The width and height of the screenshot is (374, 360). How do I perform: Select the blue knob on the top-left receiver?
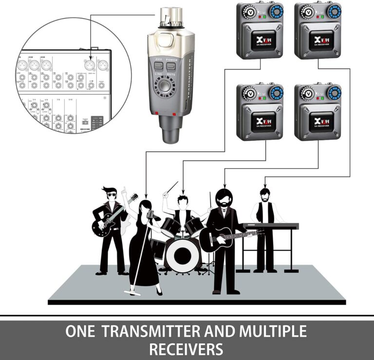tap(276, 11)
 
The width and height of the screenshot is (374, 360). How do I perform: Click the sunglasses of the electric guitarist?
tap(112, 195)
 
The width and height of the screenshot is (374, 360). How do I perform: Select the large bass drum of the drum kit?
tap(182, 252)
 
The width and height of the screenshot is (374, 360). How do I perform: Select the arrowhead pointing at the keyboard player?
tap(264, 185)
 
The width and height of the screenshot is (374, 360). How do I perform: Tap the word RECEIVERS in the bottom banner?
tap(186, 349)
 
